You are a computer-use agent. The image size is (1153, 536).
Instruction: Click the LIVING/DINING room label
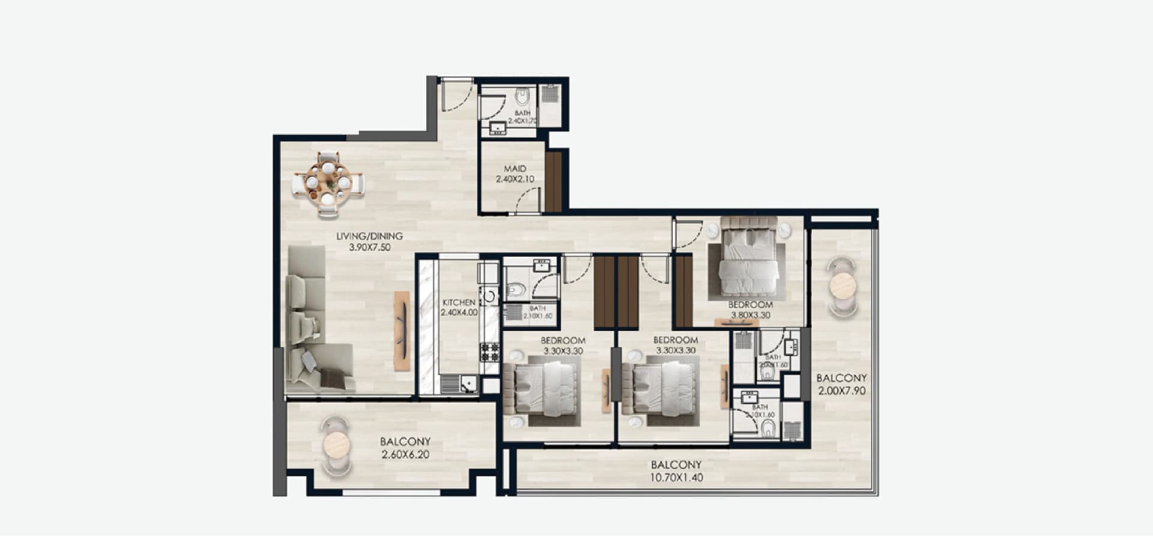(x=369, y=236)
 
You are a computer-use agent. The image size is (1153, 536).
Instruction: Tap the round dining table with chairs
(x=328, y=182)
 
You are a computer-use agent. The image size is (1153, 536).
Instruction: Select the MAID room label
(x=515, y=169)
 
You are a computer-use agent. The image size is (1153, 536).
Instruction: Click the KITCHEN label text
(x=459, y=302)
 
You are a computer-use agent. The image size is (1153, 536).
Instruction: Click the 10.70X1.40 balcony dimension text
(x=676, y=478)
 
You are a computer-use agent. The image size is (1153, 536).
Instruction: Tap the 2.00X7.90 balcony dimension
(x=841, y=391)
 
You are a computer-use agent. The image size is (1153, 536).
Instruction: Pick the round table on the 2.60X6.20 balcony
(x=336, y=446)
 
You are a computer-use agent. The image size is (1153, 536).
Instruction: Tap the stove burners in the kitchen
(x=489, y=352)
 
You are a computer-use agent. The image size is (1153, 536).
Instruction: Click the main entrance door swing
(x=456, y=99)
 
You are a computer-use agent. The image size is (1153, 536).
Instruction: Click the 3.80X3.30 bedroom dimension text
(x=750, y=315)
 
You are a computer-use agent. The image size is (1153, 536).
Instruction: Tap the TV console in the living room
(x=401, y=330)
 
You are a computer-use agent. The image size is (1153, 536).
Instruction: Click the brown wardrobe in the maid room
(x=553, y=181)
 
